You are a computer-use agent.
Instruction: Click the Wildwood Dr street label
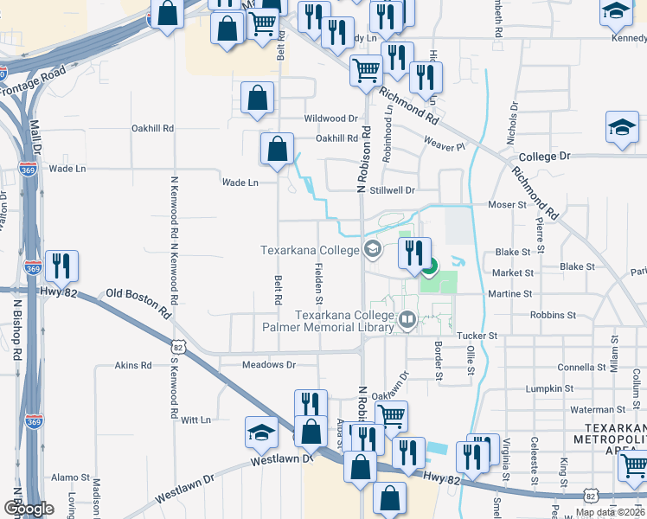330,119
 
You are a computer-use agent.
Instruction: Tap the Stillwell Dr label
393,189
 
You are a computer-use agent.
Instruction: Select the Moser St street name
507,205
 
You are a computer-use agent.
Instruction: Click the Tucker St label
477,335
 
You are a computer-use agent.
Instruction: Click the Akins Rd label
133,366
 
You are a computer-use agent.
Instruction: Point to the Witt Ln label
195,420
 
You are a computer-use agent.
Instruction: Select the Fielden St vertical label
318,285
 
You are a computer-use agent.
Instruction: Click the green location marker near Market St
430,266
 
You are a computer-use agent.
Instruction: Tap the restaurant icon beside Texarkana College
414,253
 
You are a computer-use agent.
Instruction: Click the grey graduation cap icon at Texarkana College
373,250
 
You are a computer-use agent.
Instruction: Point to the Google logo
29,509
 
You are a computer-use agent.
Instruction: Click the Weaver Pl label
445,147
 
